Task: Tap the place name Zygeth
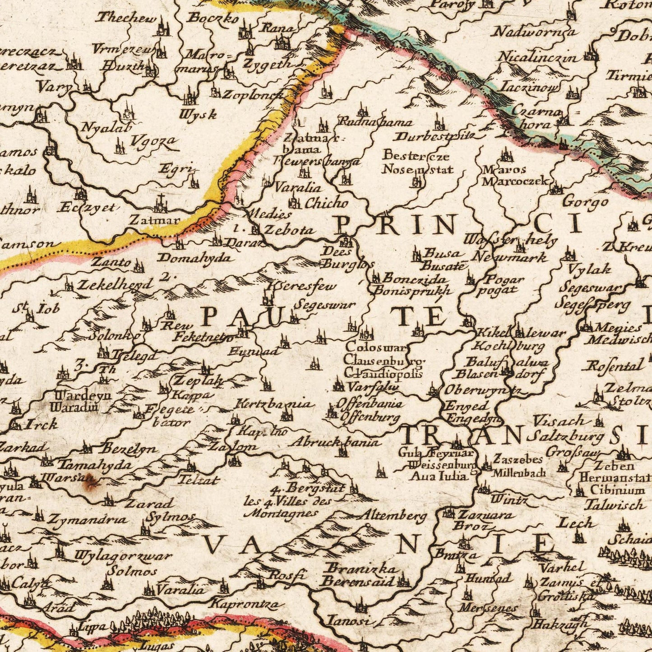(x=268, y=63)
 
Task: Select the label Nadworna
(x=535, y=32)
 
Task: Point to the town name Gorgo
(x=585, y=202)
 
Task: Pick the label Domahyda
(x=195, y=258)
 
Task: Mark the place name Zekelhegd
(x=115, y=285)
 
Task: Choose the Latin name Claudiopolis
(x=384, y=373)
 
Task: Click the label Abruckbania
(x=334, y=442)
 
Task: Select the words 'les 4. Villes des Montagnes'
(x=288, y=507)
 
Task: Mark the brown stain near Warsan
(x=89, y=484)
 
